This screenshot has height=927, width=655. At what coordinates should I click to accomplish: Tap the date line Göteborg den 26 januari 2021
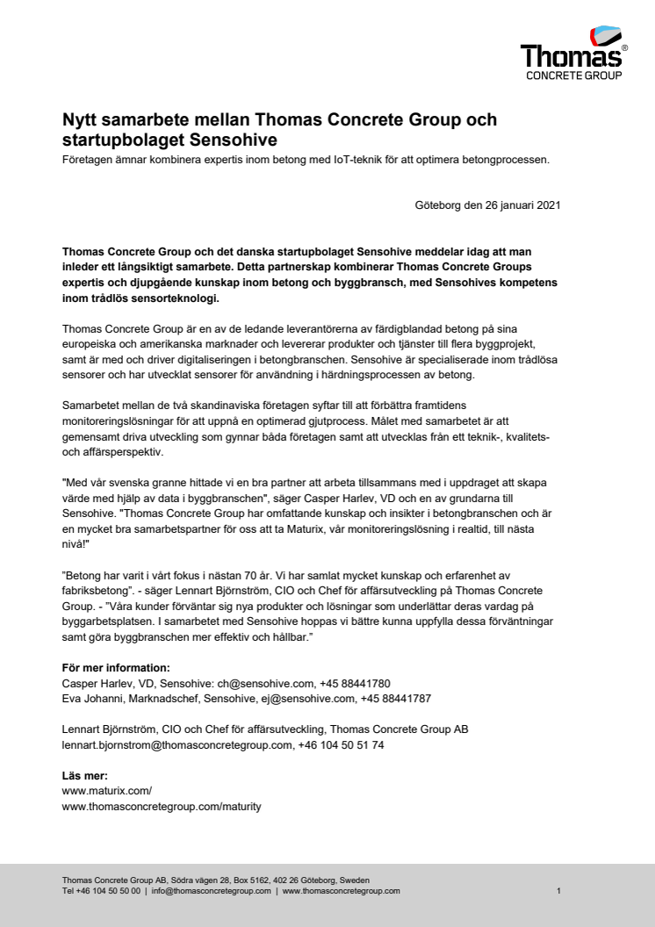[x=487, y=206]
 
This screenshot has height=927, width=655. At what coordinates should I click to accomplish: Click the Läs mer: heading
[x=85, y=775]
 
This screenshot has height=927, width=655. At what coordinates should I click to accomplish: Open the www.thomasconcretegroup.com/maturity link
[x=161, y=805]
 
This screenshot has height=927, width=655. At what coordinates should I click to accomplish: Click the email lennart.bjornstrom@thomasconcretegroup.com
[x=176, y=744]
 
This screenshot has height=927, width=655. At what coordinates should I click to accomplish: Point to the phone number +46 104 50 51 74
[x=342, y=744]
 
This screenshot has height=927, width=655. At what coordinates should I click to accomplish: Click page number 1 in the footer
[x=558, y=890]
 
